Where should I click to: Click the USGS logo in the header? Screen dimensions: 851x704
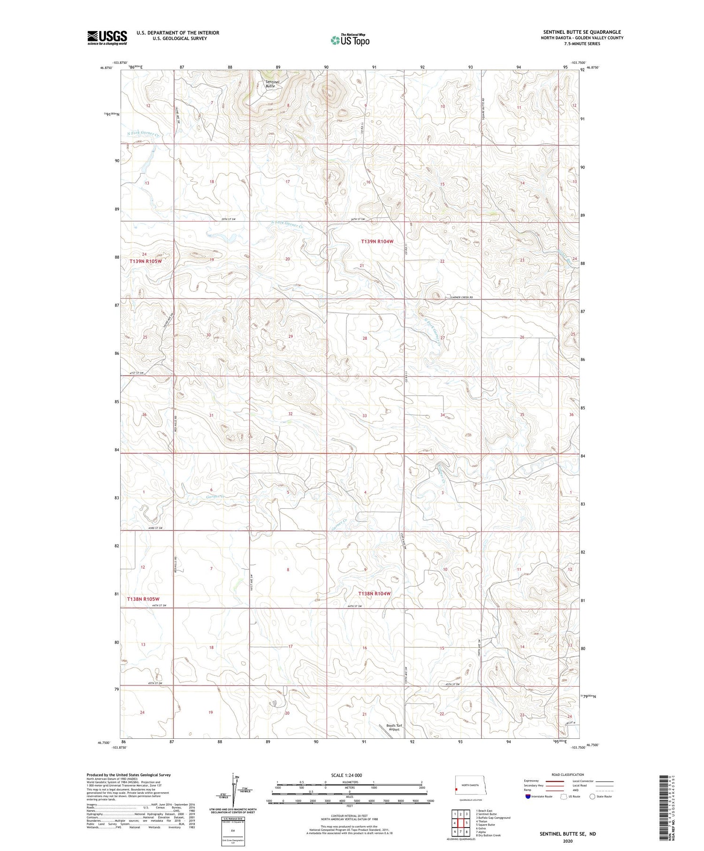[107, 38]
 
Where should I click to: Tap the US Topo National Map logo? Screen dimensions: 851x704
[350, 40]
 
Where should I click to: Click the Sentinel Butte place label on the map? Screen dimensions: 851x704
[272, 84]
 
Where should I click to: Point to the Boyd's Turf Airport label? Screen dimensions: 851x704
[395, 728]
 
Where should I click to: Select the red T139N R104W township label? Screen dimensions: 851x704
[377, 241]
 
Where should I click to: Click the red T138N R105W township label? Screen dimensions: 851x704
[143, 599]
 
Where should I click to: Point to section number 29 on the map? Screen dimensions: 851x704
[291, 337]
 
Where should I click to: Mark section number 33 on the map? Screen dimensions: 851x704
[365, 415]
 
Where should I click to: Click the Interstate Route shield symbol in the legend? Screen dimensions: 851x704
[528, 796]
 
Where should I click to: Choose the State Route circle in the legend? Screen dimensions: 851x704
[592, 796]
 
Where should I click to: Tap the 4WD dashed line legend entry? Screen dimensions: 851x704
[605, 790]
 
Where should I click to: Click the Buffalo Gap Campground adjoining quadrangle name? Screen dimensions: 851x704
[493, 818]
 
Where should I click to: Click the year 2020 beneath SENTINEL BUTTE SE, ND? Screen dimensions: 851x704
[567, 841]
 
